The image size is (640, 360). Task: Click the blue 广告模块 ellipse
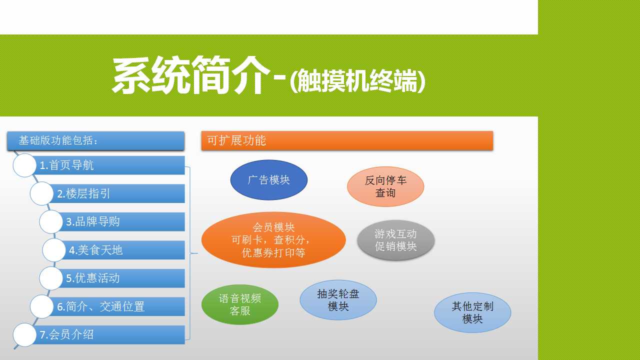click(269, 180)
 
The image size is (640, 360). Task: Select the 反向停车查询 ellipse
click(385, 186)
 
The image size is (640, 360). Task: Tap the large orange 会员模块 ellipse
click(273, 239)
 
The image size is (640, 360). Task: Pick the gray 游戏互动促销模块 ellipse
click(395, 240)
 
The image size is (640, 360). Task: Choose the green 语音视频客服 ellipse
click(240, 304)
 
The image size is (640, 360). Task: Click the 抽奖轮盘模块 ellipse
click(338, 300)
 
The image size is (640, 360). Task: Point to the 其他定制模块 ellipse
click(472, 312)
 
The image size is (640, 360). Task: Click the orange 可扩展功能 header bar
click(347, 140)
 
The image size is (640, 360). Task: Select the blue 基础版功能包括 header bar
click(95, 140)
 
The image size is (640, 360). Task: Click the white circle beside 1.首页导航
click(24, 165)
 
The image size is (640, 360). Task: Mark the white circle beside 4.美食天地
click(54, 250)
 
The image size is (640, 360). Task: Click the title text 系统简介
click(191, 75)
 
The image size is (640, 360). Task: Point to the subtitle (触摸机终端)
click(357, 81)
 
